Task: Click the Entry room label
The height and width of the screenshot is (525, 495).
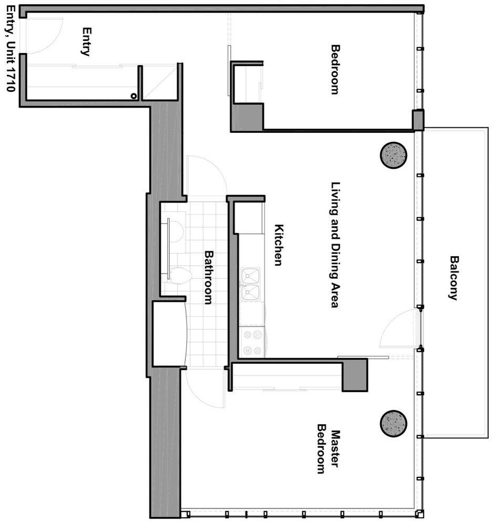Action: [87, 41]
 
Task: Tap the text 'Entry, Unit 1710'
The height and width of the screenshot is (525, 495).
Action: [11, 48]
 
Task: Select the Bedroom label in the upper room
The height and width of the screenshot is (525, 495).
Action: [335, 70]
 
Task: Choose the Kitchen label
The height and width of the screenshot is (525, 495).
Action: [279, 245]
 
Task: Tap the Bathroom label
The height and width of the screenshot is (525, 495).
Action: [209, 277]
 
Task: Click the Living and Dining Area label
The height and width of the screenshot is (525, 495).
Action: [335, 245]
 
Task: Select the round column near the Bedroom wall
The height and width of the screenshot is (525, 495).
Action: [394, 155]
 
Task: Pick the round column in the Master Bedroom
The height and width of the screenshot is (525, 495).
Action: [394, 423]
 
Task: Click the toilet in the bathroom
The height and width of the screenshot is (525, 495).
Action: [179, 276]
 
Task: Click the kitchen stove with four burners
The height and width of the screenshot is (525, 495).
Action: [252, 342]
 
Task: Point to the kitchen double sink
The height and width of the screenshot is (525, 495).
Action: [250, 284]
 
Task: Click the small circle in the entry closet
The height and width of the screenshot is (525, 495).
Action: [133, 96]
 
